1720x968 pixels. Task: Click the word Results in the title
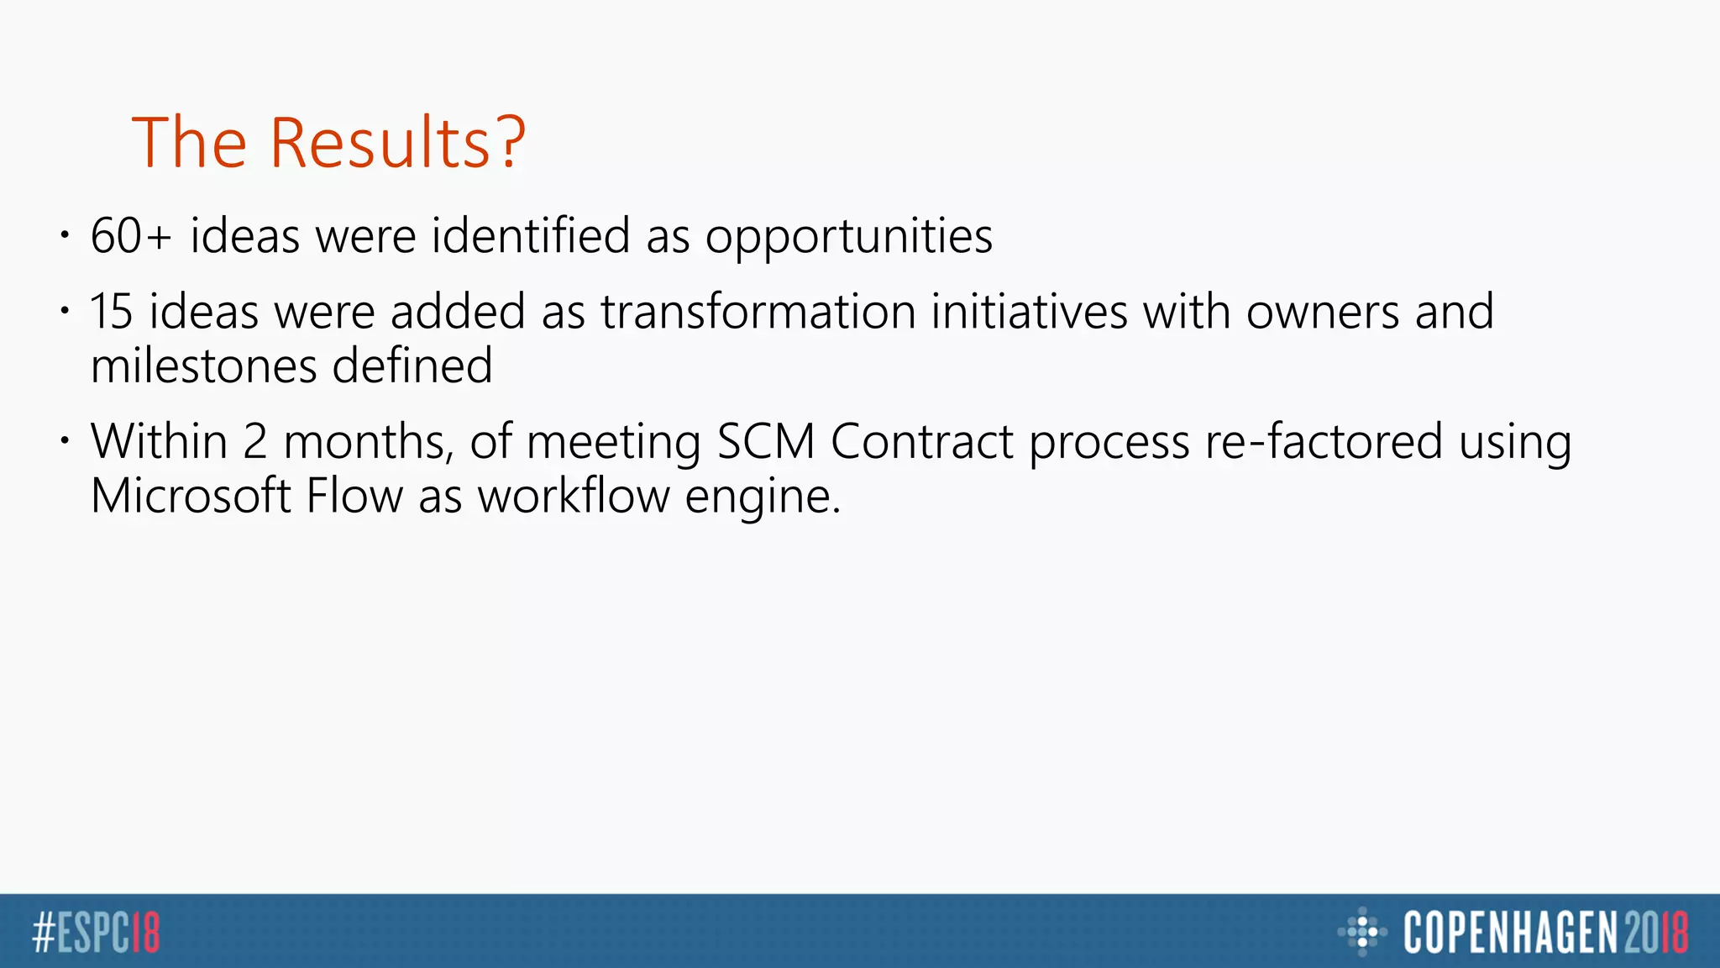(396, 143)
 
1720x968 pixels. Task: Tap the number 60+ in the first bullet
(131, 236)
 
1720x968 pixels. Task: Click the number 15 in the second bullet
(112, 312)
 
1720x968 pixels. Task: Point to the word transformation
(758, 312)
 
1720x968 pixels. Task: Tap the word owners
(1322, 312)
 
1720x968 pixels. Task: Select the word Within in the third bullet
(159, 442)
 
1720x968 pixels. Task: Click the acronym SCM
(765, 442)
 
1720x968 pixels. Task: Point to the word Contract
(921, 442)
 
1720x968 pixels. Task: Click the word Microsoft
(190, 496)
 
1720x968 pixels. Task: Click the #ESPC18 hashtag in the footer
(96, 933)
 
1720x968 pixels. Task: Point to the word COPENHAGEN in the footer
(1509, 933)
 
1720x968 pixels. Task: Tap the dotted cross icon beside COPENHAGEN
(1361, 932)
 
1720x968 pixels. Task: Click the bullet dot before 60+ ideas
(65, 236)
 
